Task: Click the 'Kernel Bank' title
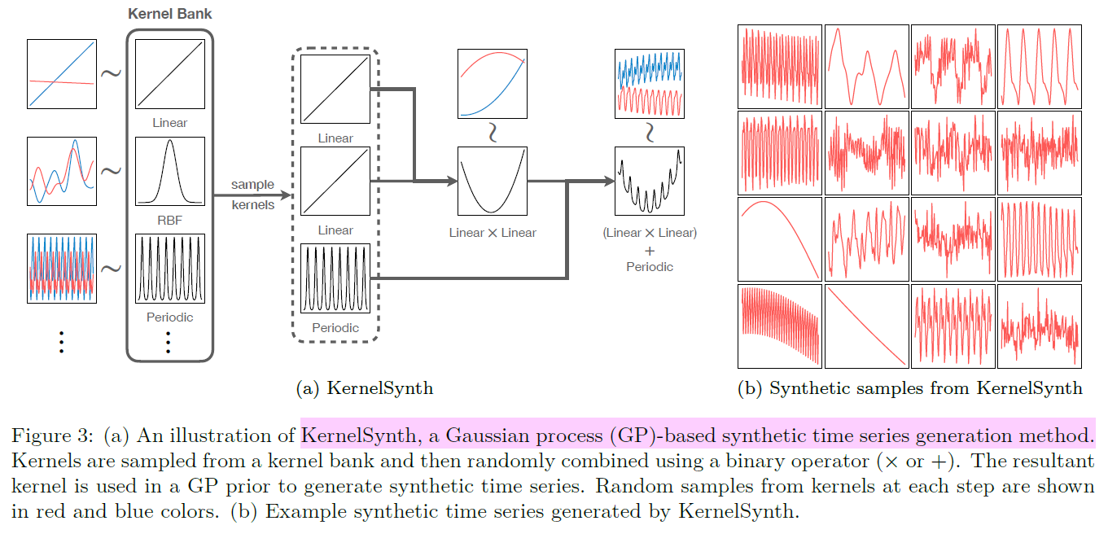(169, 15)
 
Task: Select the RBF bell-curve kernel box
(169, 171)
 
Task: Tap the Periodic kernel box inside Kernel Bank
(169, 269)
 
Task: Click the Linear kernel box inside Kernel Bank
(169, 74)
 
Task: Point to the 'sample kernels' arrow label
(252, 195)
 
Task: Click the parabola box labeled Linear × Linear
(492, 181)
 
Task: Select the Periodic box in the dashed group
(335, 278)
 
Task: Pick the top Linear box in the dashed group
(335, 90)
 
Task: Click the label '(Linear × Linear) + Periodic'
(649, 249)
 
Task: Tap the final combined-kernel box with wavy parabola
(649, 181)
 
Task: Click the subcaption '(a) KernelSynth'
(364, 388)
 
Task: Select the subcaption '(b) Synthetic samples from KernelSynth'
(909, 388)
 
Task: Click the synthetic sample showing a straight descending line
(866, 325)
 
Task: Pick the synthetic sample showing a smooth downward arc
(779, 239)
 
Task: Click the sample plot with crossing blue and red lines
(62, 74)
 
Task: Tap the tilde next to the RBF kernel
(111, 170)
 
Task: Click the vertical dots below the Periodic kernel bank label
(169, 343)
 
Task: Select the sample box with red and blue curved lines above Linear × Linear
(492, 83)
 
